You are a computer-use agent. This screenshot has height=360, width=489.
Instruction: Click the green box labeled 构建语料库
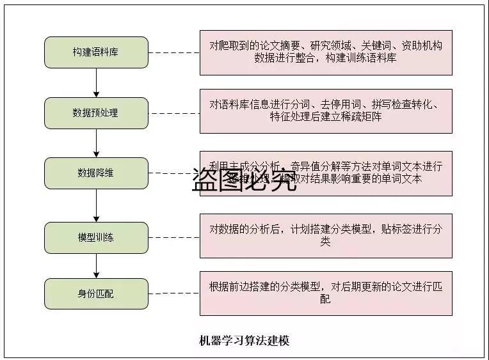[96, 52]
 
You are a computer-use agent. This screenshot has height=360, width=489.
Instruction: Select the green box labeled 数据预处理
[96, 113]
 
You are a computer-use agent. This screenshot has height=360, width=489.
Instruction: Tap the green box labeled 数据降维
[96, 173]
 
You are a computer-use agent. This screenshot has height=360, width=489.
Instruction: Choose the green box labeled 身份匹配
[96, 294]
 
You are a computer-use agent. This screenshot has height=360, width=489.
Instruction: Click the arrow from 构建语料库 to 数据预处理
[96, 82]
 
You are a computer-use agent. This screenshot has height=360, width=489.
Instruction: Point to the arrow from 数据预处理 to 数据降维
[96, 143]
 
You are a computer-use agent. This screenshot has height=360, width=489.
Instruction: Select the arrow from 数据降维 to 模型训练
[96, 205]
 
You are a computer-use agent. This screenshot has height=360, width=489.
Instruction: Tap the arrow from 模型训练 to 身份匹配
[96, 266]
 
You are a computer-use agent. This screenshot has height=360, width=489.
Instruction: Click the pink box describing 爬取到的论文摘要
[326, 52]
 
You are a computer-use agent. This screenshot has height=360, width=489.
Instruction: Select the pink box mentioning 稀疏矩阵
[326, 111]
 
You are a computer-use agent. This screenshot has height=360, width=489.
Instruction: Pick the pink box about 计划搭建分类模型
[326, 235]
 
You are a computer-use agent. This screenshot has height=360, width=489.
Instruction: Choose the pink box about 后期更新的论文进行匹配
[326, 293]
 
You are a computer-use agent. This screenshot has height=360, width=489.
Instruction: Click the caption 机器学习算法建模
[245, 341]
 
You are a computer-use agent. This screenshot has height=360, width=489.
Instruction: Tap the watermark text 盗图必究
[244, 181]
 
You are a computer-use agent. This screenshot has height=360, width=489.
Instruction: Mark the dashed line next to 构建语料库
[173, 52]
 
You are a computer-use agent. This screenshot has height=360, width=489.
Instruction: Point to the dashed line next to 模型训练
[173, 238]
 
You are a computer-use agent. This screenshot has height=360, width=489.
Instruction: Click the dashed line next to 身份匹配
[173, 294]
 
